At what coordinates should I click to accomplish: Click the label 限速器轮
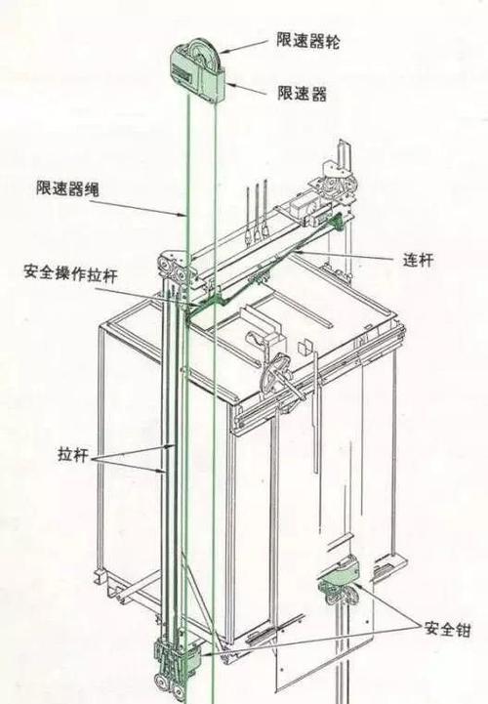(308, 40)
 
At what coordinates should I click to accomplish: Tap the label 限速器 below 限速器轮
(302, 94)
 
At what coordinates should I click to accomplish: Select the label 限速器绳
(67, 188)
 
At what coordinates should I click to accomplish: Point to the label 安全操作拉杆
(70, 273)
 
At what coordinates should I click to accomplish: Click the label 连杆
(418, 260)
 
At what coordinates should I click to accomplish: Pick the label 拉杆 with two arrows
(72, 454)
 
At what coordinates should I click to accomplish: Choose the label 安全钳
(448, 629)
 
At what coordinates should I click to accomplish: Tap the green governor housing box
(197, 74)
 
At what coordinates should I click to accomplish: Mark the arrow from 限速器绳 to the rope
(137, 207)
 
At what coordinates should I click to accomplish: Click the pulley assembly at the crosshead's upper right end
(338, 180)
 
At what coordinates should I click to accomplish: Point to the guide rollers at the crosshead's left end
(172, 269)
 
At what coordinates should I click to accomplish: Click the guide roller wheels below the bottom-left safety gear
(171, 684)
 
